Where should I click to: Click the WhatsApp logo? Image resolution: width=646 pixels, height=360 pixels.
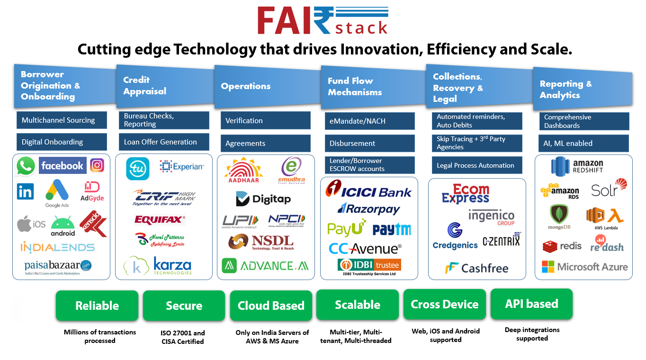coord(26,167)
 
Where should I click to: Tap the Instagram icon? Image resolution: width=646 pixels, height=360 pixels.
coord(97,165)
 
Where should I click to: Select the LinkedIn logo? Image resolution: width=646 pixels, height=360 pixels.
coord(25,191)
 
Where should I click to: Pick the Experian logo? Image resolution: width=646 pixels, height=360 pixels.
coord(182,166)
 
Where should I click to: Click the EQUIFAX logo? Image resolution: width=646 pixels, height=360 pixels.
coord(160,219)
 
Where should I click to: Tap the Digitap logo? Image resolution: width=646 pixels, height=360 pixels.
coord(263,199)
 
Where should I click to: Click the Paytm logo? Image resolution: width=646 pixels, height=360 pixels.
coord(392,230)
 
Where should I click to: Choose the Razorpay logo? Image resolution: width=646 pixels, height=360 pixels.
coord(368,209)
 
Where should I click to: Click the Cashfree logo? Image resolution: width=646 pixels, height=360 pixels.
coord(476,268)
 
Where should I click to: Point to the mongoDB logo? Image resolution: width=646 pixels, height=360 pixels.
coord(560,217)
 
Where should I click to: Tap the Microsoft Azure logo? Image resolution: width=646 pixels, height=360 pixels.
coord(585,267)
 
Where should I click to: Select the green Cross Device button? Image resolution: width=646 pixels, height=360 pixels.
coord(444,304)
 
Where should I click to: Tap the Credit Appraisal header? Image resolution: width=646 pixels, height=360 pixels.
coord(163,86)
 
